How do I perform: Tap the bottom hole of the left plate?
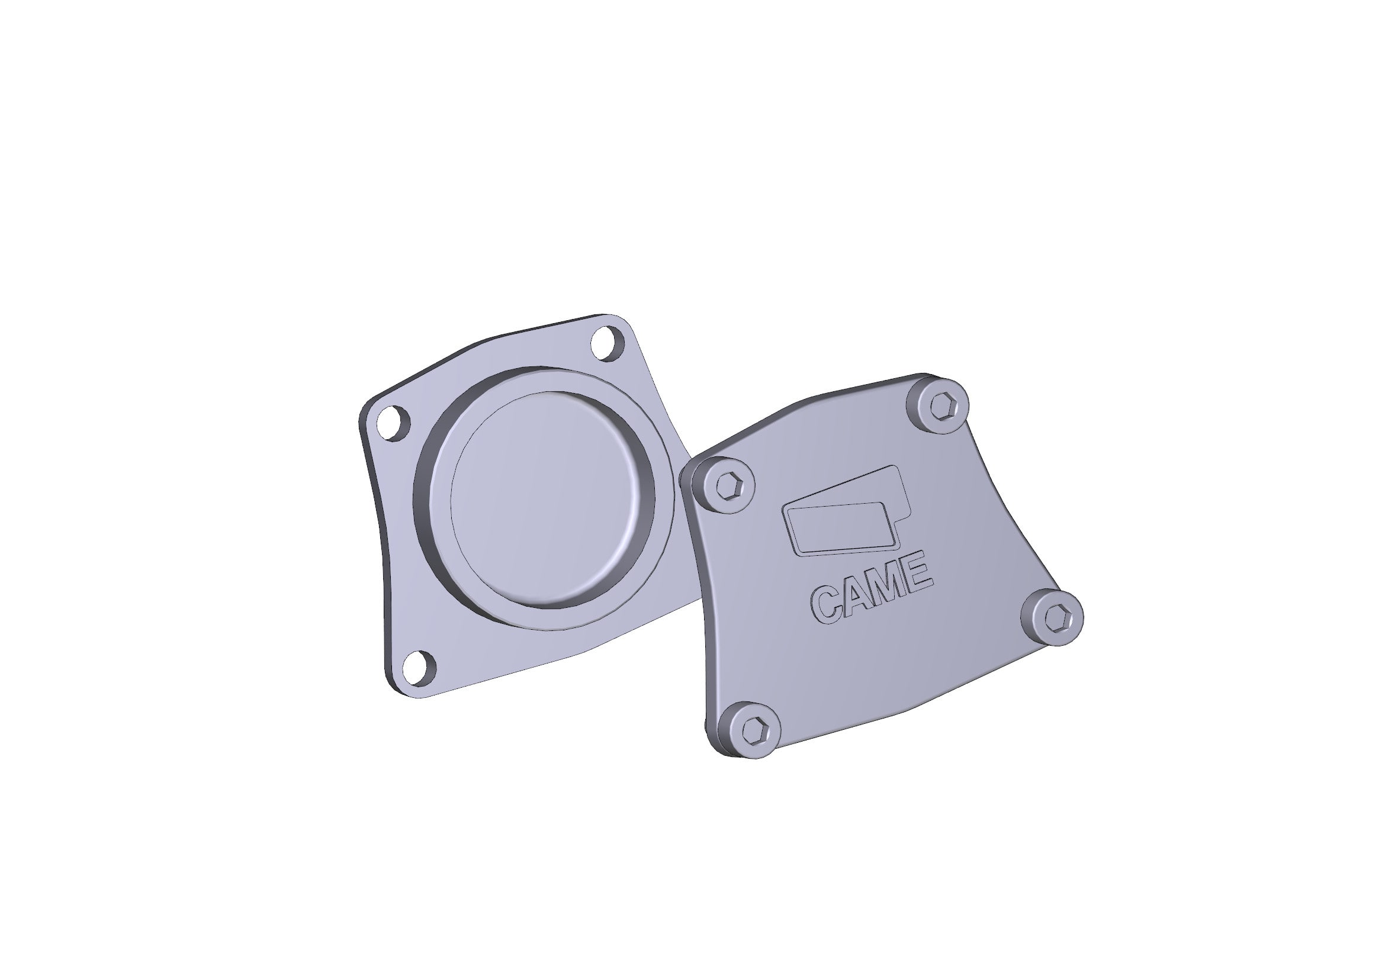419,668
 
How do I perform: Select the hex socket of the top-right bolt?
940,404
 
